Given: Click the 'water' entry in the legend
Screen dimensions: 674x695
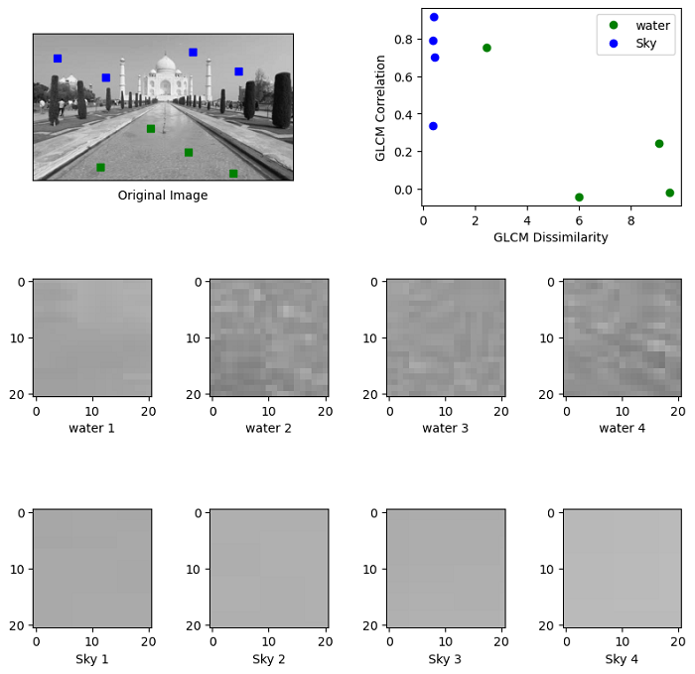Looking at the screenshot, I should pos(652,26).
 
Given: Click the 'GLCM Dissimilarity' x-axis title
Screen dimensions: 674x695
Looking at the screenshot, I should pos(551,237).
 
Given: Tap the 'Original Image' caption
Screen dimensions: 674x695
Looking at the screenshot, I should pos(163,196).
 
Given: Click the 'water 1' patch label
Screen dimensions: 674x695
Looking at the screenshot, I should pos(91,428).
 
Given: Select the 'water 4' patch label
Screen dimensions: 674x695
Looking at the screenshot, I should pos(622,428).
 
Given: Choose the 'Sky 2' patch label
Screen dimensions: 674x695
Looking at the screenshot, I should pos(268,659).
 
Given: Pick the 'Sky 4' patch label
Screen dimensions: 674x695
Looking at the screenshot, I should pos(622,659).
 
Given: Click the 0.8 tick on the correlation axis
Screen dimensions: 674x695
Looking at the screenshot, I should pos(404,40).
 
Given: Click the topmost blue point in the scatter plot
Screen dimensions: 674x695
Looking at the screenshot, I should pos(434,17).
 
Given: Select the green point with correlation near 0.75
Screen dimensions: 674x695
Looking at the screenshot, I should pos(486,48).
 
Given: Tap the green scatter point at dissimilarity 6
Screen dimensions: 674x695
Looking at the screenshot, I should pos(579,198).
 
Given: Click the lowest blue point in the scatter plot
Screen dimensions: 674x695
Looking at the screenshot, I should pos(433,126).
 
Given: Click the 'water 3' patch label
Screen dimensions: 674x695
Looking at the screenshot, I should pos(445,428).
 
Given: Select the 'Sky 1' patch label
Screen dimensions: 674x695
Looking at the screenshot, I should pos(91,659).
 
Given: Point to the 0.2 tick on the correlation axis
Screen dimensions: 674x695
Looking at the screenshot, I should pos(404,152).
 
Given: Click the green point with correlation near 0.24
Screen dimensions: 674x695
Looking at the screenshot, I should pos(659,144).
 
